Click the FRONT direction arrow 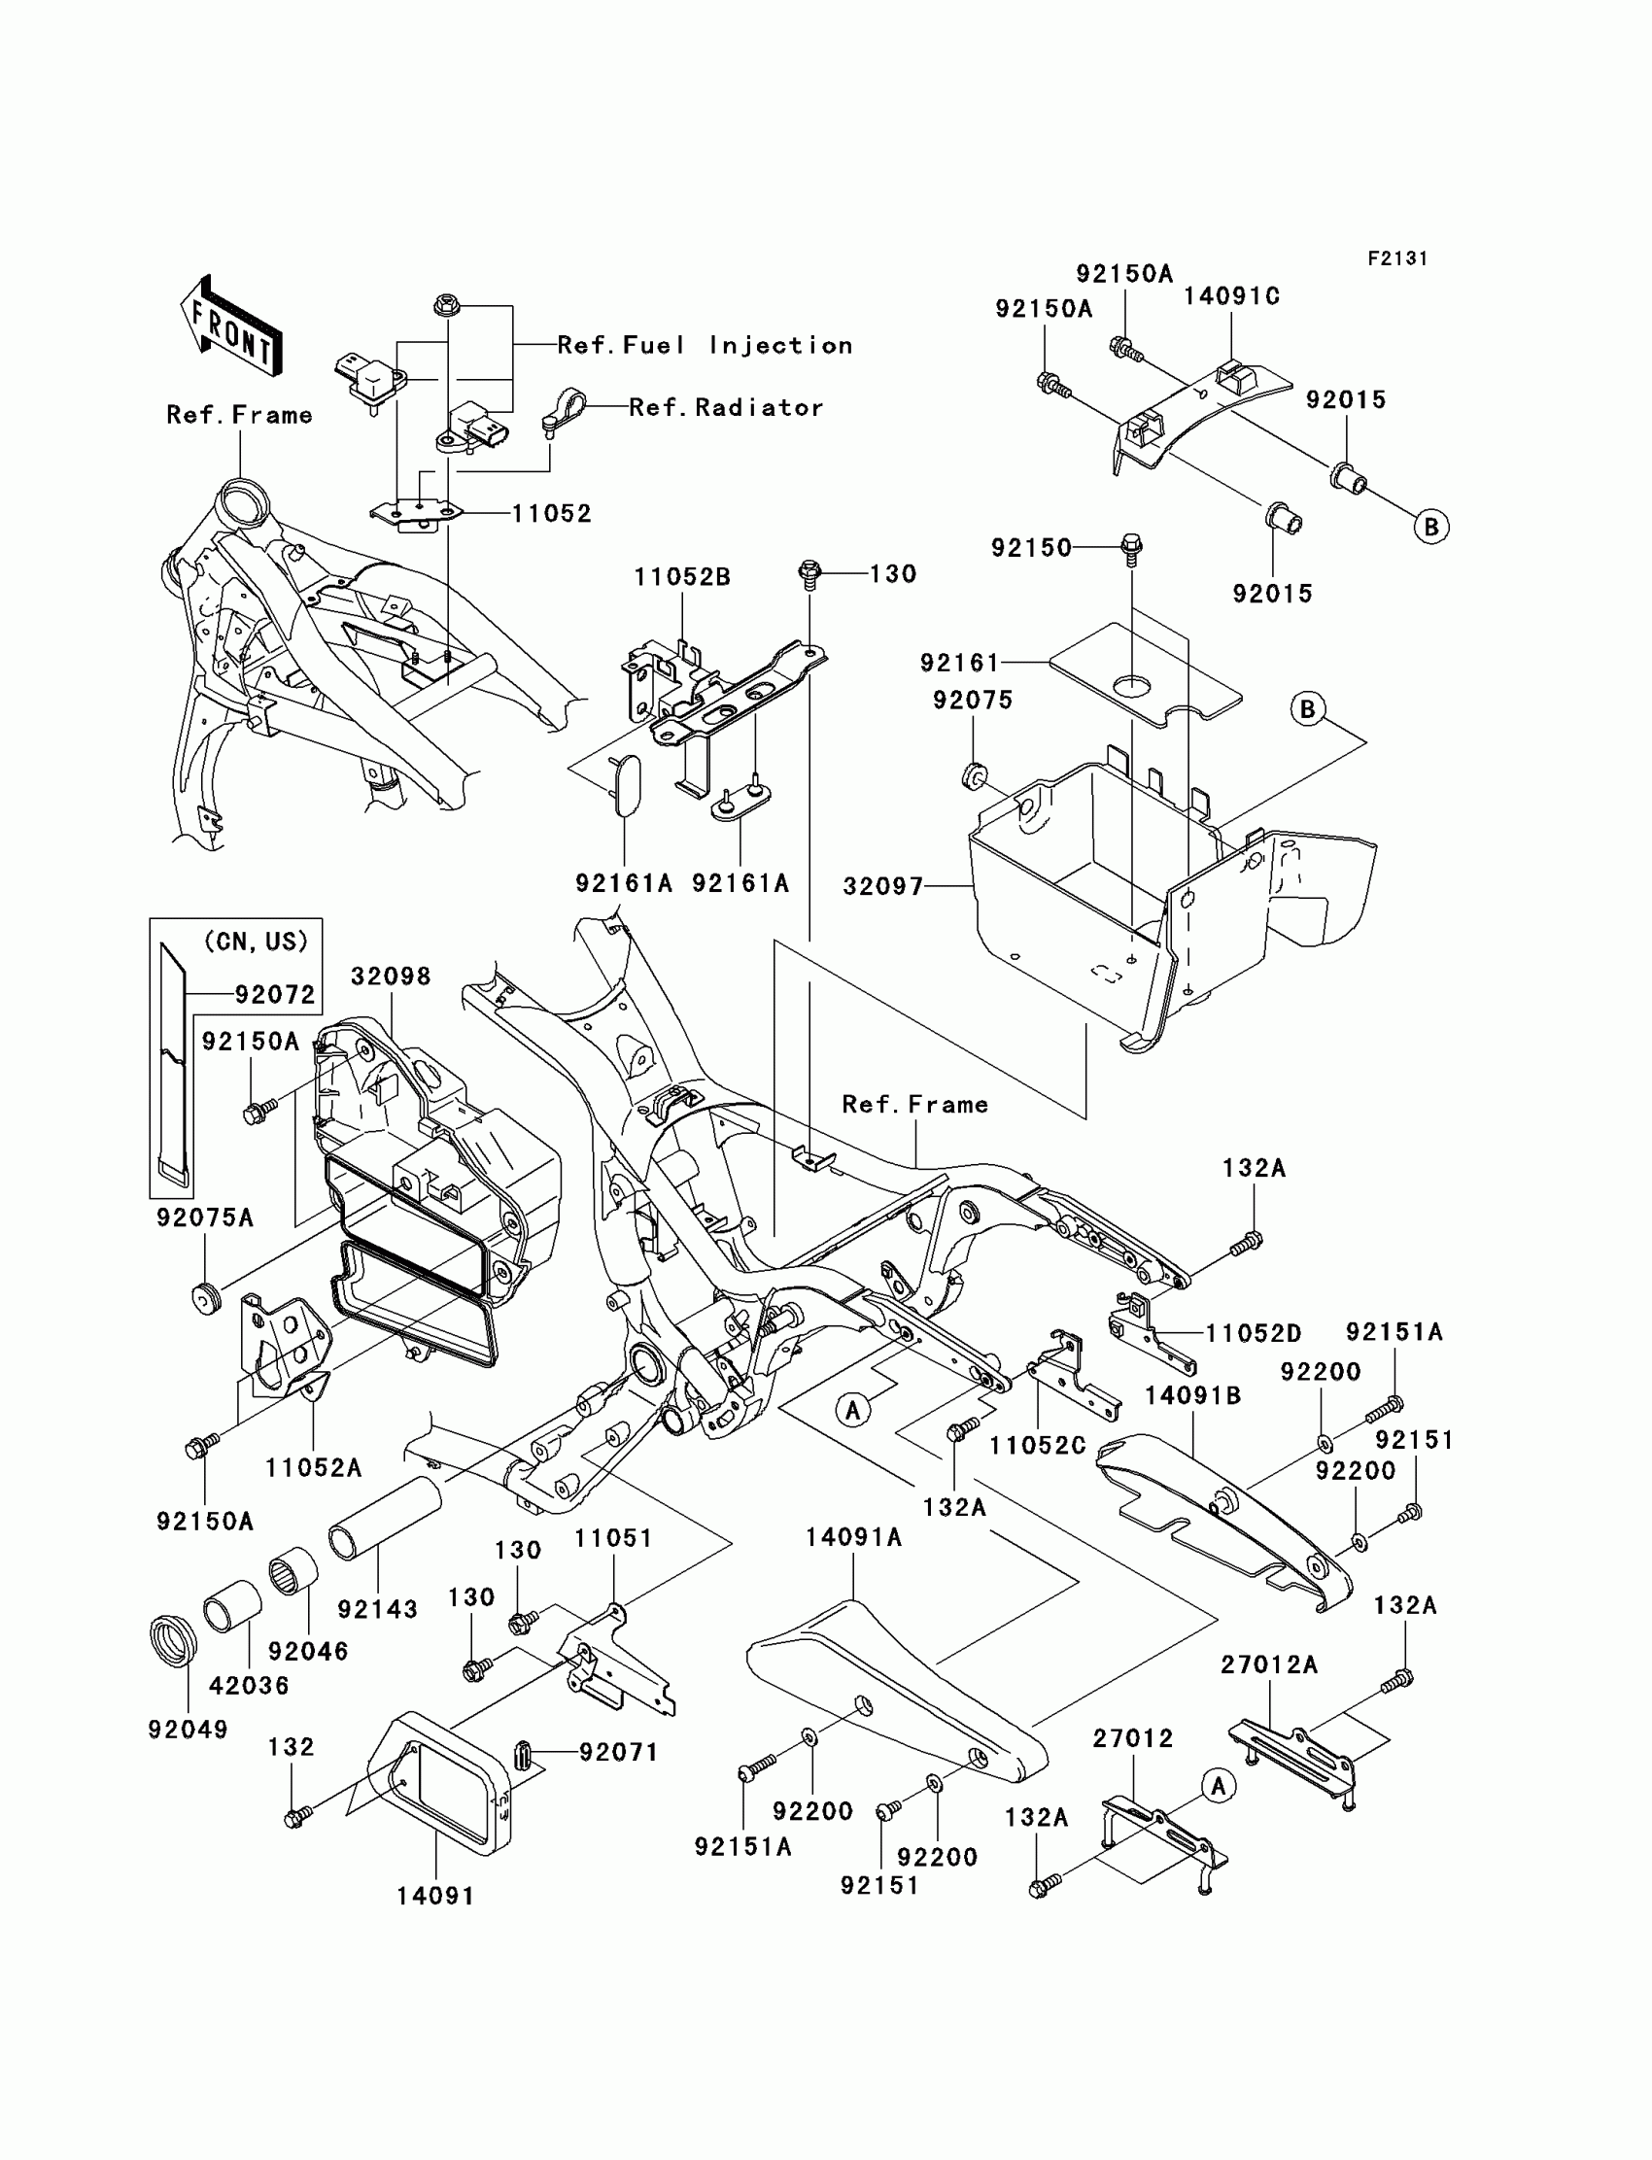coord(231,326)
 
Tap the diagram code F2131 coord(1397,258)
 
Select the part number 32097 coord(883,887)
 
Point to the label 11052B coord(682,577)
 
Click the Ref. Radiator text coord(726,407)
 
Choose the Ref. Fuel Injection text coord(706,345)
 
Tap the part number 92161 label coord(960,663)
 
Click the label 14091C coord(1231,296)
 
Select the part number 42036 coord(249,1685)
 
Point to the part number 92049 coord(188,1730)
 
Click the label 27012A coord(1269,1664)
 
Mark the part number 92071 coord(618,1752)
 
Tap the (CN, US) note coord(256,941)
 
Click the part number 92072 coord(275,995)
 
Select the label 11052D coord(1254,1333)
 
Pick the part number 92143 coord(378,1609)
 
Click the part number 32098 coord(392,977)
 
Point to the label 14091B coord(1192,1395)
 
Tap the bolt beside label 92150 coord(1132,547)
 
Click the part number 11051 coord(614,1538)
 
